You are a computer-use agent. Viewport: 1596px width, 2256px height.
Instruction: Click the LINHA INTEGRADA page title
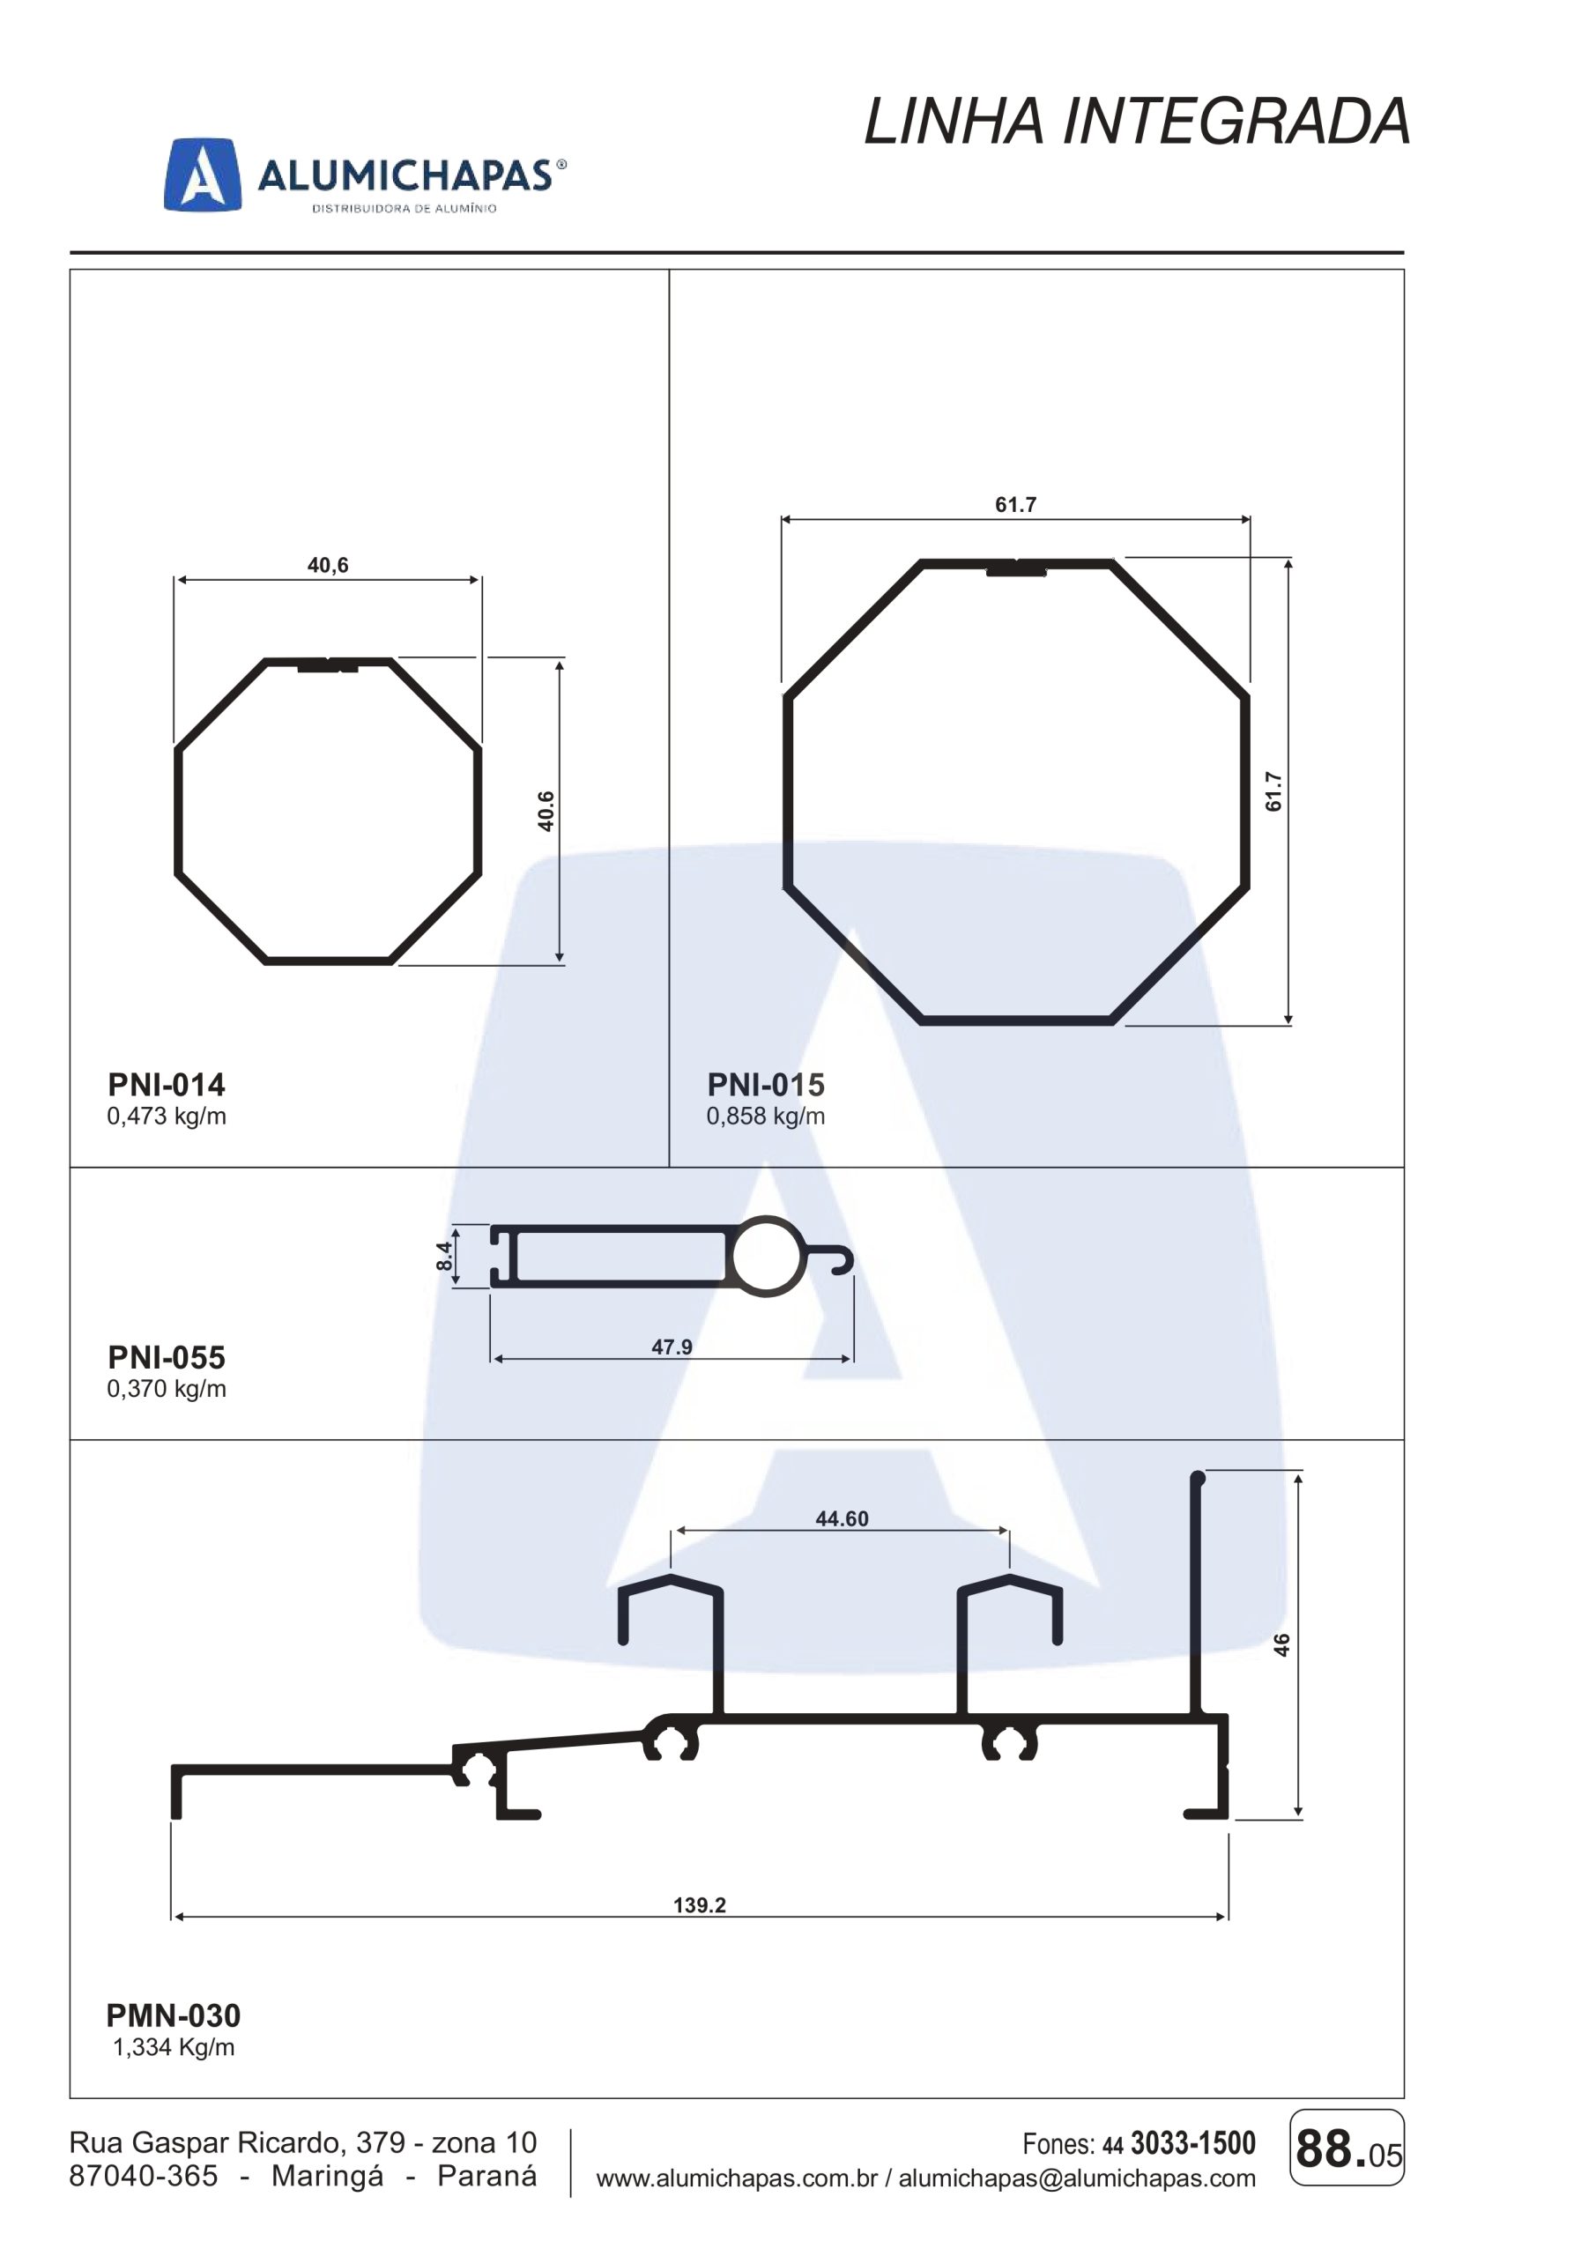pyautogui.click(x=1137, y=122)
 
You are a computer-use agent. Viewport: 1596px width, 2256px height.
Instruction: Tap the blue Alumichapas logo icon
pyautogui.click(x=202, y=174)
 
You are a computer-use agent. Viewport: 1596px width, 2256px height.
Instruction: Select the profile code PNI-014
pyautogui.click(x=166, y=1085)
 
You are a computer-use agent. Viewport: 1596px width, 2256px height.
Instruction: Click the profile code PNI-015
pyautogui.click(x=766, y=1085)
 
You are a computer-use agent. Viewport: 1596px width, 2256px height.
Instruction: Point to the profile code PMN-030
pyautogui.click(x=173, y=2015)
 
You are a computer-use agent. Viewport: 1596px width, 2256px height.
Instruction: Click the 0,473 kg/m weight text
pyautogui.click(x=166, y=1117)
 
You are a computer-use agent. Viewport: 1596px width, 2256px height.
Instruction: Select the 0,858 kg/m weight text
pyautogui.click(x=766, y=1117)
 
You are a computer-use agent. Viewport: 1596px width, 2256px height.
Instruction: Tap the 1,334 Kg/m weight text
pyautogui.click(x=174, y=2047)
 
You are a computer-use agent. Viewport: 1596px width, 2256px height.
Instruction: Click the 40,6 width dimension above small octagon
pyautogui.click(x=328, y=565)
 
